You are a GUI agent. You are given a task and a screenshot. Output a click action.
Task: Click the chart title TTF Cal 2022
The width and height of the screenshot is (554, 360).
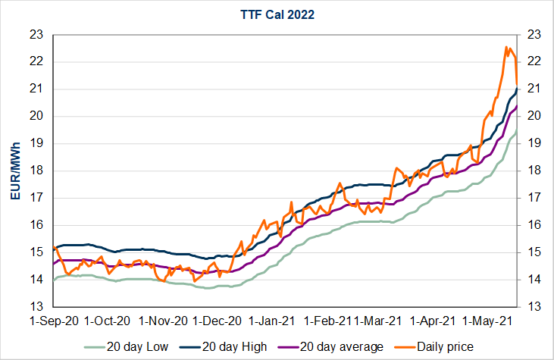[x=277, y=14]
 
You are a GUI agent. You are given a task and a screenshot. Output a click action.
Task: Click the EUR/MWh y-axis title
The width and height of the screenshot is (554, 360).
[x=15, y=171]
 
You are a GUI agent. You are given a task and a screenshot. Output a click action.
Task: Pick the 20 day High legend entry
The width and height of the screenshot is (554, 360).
[x=234, y=346]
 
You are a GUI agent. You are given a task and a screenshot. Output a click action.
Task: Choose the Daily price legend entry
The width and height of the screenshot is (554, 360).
[x=443, y=346]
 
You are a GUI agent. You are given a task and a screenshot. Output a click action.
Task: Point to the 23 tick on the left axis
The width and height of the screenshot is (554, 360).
[x=36, y=34]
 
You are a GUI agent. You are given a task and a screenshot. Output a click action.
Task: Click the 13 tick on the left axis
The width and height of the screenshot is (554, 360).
[x=36, y=307]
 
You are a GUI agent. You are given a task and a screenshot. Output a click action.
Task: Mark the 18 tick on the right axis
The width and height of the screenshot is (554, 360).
[x=533, y=171]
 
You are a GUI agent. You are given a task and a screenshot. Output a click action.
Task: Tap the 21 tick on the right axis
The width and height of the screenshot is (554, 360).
[x=533, y=89]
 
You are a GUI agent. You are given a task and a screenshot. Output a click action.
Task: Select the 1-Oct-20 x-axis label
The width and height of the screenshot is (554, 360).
[x=107, y=321]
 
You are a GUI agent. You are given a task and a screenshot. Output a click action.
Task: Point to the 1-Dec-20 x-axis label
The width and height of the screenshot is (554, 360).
[x=218, y=321]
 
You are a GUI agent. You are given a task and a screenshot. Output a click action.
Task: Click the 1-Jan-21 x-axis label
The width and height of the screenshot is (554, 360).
[x=274, y=321]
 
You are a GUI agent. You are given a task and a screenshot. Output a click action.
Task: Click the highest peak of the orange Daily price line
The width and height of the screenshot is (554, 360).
[x=505, y=47]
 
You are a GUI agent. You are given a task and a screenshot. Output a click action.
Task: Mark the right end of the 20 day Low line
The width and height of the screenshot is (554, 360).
[x=517, y=133]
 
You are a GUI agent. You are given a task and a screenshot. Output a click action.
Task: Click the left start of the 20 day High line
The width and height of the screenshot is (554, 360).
[x=54, y=248]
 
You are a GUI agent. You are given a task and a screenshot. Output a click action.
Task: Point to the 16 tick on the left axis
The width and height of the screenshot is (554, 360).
[x=36, y=225]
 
